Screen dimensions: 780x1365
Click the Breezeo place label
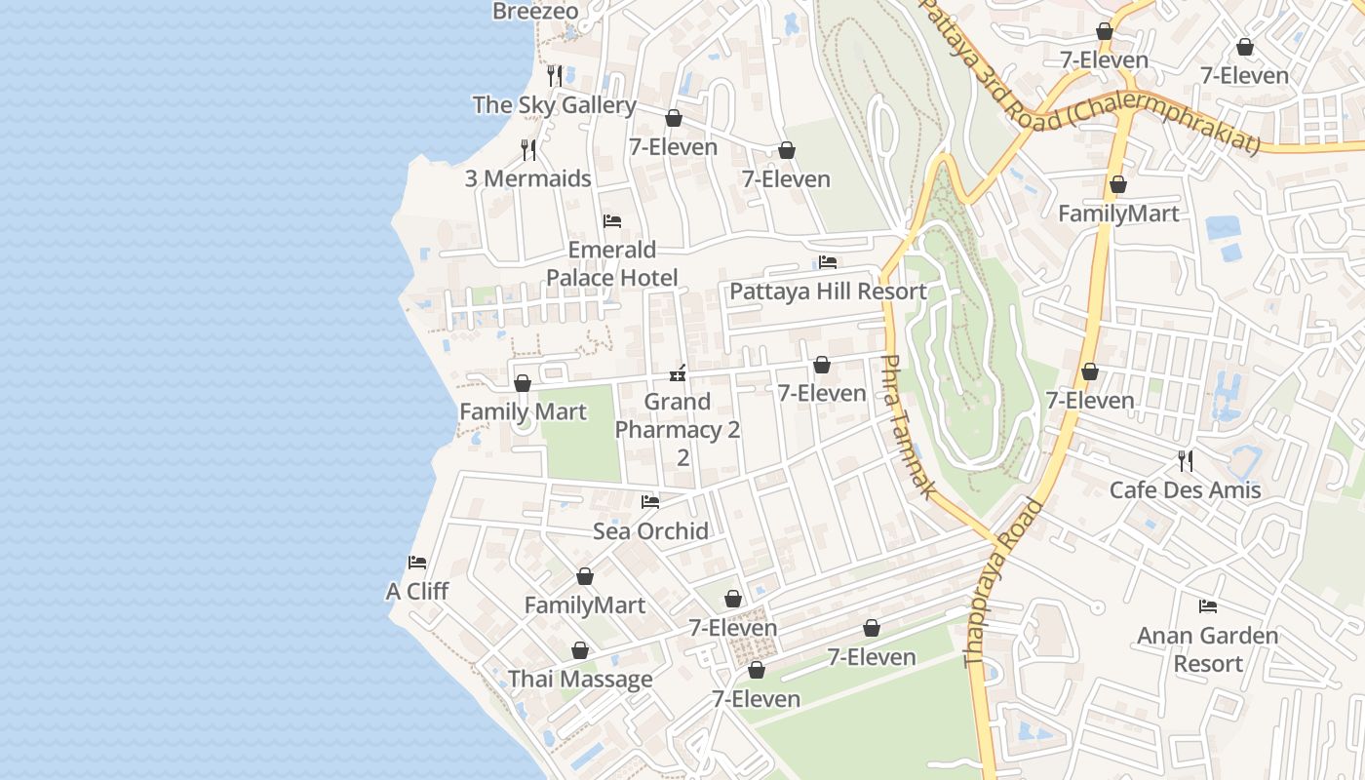(535, 12)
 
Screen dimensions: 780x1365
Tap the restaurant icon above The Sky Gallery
(555, 75)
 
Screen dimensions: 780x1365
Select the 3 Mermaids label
(527, 178)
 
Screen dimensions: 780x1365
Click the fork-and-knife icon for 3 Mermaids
(528, 149)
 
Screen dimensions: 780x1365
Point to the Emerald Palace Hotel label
(612, 263)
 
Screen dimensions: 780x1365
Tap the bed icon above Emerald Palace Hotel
(612, 221)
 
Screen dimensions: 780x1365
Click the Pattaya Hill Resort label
(828, 292)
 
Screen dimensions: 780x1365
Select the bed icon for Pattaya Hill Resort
(828, 262)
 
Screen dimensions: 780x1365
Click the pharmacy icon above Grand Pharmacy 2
(678, 373)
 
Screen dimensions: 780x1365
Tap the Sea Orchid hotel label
(650, 531)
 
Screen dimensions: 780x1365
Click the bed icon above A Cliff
(417, 563)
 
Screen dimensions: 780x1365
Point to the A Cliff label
(417, 592)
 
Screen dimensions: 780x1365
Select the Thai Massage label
(580, 680)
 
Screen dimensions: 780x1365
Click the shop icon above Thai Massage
(580, 650)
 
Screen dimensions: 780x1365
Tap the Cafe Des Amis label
(1186, 490)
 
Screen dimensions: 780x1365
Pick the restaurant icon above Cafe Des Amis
(1186, 460)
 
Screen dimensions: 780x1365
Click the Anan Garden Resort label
(1208, 649)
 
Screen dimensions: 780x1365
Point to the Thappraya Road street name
(1003, 584)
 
